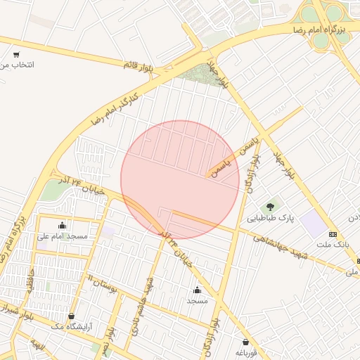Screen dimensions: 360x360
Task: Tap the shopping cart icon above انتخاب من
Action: [x=16, y=54]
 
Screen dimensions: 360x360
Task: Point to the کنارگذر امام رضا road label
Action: [x=115, y=106]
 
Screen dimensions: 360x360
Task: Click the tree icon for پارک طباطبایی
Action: [x=270, y=207]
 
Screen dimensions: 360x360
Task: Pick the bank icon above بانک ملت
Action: [x=333, y=233]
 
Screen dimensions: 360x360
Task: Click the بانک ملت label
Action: [x=333, y=244]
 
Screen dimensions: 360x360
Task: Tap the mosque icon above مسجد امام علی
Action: [x=62, y=225]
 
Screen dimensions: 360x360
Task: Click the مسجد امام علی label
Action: [x=63, y=236]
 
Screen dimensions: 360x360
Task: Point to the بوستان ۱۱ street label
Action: [x=103, y=283]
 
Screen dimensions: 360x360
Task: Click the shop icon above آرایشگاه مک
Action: [x=72, y=316]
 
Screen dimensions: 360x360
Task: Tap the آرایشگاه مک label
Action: [x=72, y=327]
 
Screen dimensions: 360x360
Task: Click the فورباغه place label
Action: [x=247, y=352]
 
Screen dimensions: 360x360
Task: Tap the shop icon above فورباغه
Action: [x=245, y=342]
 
